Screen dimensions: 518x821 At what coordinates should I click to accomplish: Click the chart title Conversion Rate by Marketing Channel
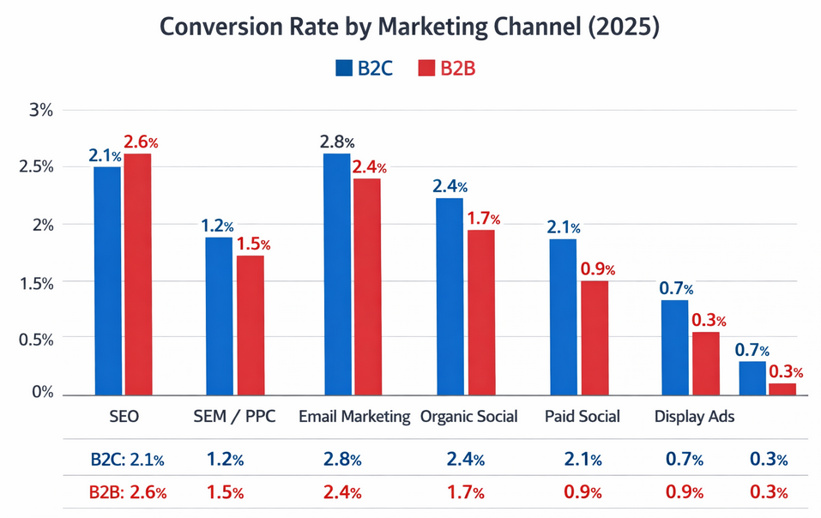pos(410,27)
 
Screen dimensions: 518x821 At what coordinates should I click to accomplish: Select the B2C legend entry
pos(364,69)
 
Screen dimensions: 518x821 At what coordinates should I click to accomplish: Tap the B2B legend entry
pos(447,69)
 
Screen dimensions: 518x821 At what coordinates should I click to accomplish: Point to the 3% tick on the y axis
pos(40,111)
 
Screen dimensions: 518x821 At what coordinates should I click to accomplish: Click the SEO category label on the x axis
pos(124,417)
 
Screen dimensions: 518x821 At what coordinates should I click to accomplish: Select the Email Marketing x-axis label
pos(354,417)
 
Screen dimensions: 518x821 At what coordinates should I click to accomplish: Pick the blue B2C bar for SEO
pos(107,280)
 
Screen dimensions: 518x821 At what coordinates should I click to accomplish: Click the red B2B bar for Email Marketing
pos(366,286)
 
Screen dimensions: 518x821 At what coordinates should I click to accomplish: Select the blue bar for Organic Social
pos(450,296)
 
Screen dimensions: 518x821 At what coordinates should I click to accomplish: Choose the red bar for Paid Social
pos(595,338)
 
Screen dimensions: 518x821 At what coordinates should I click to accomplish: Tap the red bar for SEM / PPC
pos(251,325)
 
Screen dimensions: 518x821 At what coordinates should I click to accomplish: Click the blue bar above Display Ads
pos(674,347)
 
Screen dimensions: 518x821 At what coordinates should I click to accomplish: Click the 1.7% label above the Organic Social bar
pos(483,218)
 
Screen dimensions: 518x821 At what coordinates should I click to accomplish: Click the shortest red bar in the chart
pos(782,389)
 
